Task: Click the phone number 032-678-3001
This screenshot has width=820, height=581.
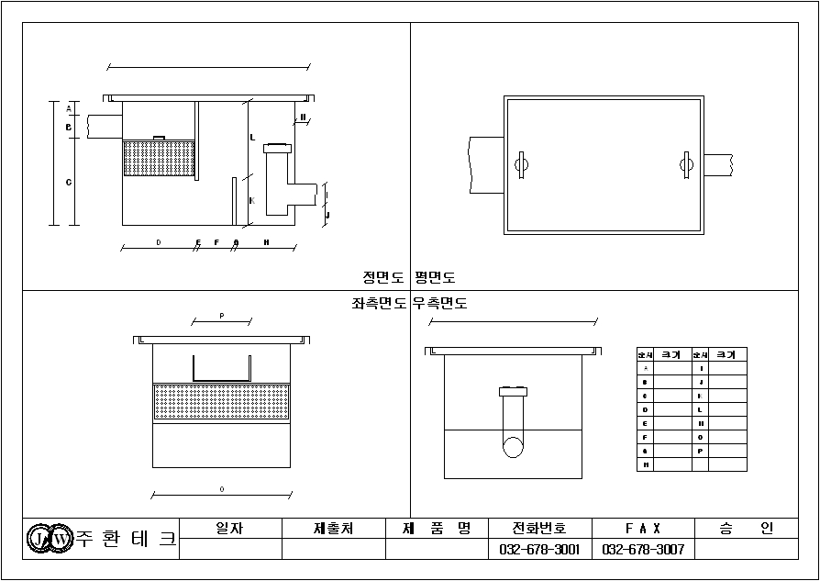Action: point(540,550)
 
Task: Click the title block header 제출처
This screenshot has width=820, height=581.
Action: point(334,529)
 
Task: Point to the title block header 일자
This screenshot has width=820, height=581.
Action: point(229,529)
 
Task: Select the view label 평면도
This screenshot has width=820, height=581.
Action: point(436,276)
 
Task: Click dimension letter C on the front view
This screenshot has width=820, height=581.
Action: point(68,183)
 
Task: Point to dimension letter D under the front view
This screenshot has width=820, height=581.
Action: point(158,242)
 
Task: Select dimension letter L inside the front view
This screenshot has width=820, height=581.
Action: point(251,138)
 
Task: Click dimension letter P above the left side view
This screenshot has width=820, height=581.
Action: point(221,316)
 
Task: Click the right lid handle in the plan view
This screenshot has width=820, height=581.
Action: point(683,165)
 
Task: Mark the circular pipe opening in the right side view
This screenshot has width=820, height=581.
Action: point(513,447)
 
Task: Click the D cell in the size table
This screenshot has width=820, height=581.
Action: point(646,409)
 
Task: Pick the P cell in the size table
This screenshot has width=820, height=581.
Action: point(701,451)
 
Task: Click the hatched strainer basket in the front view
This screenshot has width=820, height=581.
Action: point(159,158)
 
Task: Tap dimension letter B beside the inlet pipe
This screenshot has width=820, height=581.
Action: point(68,128)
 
